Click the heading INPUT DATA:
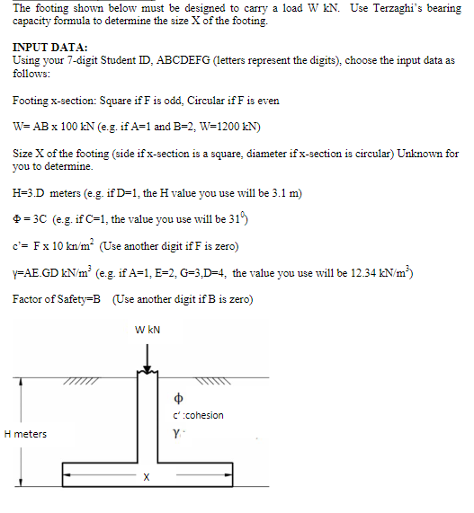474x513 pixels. (50, 46)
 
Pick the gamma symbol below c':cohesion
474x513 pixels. (177, 433)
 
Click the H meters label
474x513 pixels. (25, 434)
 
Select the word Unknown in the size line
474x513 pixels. (414, 155)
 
